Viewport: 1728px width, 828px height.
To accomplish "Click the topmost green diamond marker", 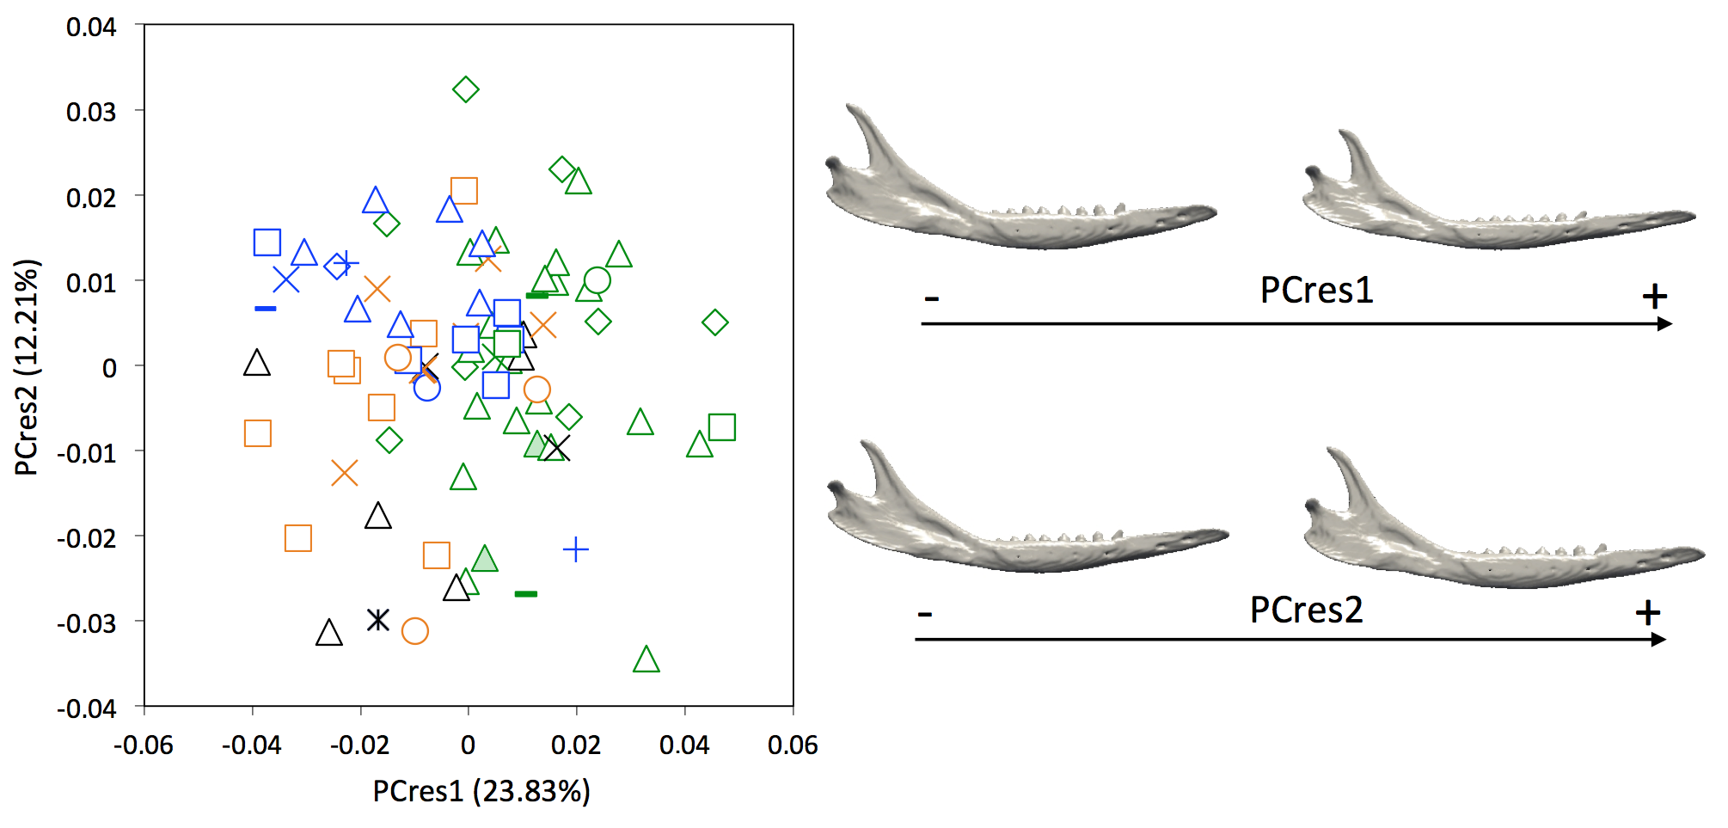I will [465, 89].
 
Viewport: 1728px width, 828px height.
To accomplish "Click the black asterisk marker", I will [377, 619].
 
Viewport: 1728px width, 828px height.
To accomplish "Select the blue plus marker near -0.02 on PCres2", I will [575, 549].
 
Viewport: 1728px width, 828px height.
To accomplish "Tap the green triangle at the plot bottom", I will [646, 660].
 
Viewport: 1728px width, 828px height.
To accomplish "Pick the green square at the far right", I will [721, 426].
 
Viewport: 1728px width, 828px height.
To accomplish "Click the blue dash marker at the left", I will [266, 308].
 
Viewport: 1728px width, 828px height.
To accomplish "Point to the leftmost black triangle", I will [256, 364].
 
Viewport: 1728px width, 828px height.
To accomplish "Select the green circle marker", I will [597, 279].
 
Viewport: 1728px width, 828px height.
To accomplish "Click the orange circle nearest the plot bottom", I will [414, 631].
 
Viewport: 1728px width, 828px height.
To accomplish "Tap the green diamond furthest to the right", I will [714, 322].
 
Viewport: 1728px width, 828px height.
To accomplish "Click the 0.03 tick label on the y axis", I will [91, 112].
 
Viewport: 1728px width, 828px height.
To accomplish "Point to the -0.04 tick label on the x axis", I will [251, 745].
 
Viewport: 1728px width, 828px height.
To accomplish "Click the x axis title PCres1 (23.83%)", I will [481, 791].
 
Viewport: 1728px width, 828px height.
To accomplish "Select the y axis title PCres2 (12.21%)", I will [27, 367].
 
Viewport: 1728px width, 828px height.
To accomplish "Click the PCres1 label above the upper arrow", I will [1315, 290].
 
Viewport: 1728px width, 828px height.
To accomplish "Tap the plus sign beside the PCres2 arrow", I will [1647, 613].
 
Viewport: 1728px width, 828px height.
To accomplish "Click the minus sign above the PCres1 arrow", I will [932, 299].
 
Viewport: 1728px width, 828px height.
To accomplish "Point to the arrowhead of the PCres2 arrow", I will [1659, 639].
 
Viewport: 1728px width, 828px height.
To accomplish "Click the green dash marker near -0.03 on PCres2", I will [525, 593].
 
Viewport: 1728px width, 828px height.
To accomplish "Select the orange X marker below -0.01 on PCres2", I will [344, 473].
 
